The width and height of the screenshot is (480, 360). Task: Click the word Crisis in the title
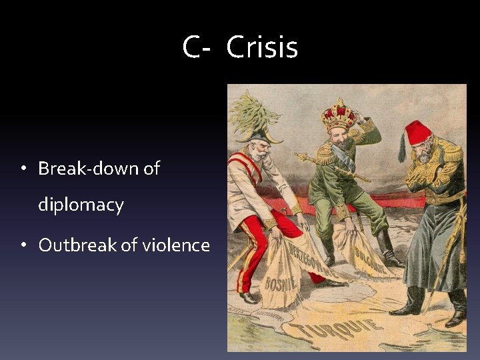[262, 48]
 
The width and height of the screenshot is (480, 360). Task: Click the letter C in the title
[192, 48]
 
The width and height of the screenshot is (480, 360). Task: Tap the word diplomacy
[81, 205]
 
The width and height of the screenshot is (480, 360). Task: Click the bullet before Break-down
[23, 169]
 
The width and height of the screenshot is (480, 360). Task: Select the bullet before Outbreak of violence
[23, 246]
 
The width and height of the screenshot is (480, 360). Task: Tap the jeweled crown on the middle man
[338, 115]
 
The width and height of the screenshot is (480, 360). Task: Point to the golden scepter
[333, 166]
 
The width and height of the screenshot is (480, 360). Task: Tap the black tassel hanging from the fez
[403, 149]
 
